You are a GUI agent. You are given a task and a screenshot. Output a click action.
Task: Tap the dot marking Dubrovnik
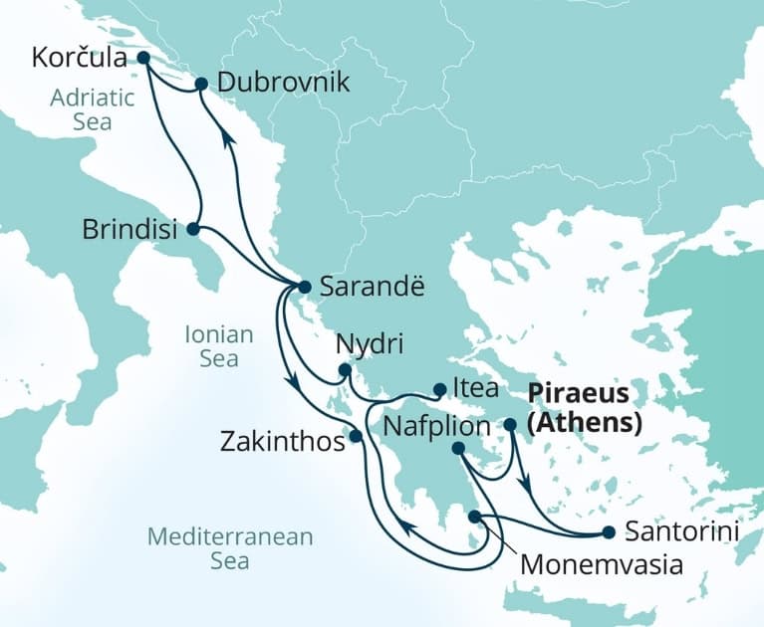[200, 85]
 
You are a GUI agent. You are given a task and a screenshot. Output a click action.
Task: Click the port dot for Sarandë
[305, 287]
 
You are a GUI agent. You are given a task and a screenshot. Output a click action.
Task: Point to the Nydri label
[371, 347]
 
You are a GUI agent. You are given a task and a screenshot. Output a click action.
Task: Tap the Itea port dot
[439, 389]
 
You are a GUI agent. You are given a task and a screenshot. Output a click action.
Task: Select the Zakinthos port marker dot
[355, 436]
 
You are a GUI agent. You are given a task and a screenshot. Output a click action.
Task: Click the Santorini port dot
[608, 532]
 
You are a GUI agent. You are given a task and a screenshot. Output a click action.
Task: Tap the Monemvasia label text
[602, 565]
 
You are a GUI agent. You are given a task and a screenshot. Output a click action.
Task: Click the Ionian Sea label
[219, 346]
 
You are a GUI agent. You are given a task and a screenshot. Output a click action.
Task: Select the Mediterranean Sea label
[230, 548]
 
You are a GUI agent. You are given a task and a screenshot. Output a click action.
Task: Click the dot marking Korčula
[142, 58]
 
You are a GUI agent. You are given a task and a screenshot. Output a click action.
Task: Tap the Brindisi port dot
[192, 229]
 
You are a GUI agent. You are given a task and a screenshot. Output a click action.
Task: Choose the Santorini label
[682, 532]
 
